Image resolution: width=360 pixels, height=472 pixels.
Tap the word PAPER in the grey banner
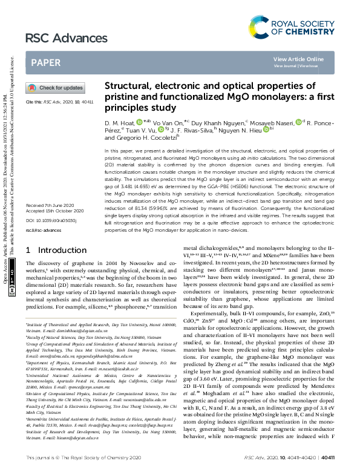[x=45, y=62]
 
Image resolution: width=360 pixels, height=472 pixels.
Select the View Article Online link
[x=298, y=59]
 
